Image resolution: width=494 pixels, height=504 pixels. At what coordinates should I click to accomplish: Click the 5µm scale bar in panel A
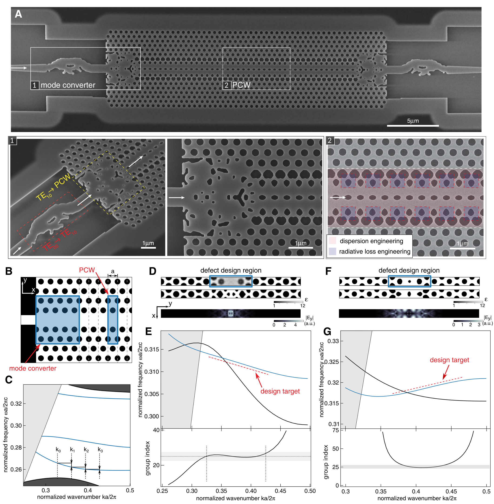coord(413,126)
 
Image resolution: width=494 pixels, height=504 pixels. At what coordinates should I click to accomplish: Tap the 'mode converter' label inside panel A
coord(68,85)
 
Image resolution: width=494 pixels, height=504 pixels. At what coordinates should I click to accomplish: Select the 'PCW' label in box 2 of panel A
coord(241,85)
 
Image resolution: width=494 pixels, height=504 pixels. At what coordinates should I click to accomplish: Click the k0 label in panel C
coord(58,450)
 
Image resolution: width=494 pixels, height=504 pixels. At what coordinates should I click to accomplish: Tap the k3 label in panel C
coord(100,450)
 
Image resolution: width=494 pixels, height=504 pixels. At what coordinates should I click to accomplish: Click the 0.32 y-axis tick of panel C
coord(16,404)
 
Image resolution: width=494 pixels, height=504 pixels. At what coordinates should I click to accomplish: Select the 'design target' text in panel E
coord(280,391)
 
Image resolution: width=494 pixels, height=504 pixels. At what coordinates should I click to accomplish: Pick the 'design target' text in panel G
coord(449,360)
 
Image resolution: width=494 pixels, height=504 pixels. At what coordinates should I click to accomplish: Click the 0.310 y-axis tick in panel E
coord(152,372)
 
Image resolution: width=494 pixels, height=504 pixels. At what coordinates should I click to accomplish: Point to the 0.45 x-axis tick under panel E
coord(280,491)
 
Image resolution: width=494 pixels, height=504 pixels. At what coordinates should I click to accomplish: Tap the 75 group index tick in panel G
coord(336,430)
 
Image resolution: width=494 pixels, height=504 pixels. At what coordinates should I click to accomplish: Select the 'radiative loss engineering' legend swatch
coord(332,251)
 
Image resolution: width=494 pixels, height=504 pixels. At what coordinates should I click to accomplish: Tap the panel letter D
coord(153,271)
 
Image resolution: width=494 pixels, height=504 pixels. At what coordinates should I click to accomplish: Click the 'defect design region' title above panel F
coord(409,270)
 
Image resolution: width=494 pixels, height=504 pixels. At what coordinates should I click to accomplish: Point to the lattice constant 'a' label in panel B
coord(113,271)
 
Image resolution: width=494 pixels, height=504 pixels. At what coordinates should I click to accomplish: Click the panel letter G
coord(327,331)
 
